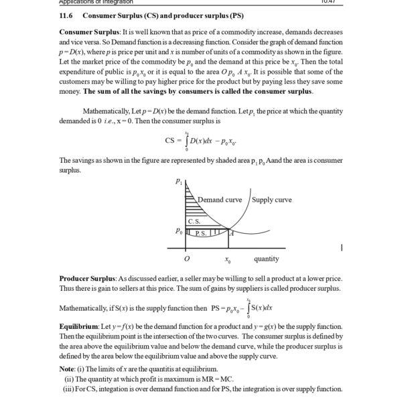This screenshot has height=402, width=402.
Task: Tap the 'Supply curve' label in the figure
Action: click(x=272, y=200)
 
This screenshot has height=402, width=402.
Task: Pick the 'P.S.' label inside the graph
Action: click(x=200, y=233)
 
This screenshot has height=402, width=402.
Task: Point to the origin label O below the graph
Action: click(x=187, y=259)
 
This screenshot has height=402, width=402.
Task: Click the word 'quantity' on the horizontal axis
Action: click(x=266, y=259)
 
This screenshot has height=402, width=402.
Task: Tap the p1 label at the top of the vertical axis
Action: click(x=178, y=181)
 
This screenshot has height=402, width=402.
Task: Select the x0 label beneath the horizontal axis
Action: click(x=228, y=259)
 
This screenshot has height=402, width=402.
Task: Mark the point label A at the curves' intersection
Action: click(x=230, y=232)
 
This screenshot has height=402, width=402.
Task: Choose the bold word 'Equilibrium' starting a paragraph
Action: click(x=79, y=325)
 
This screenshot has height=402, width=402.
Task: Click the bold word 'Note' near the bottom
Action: click(x=68, y=369)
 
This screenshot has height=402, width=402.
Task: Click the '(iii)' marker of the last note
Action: click(x=69, y=389)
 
